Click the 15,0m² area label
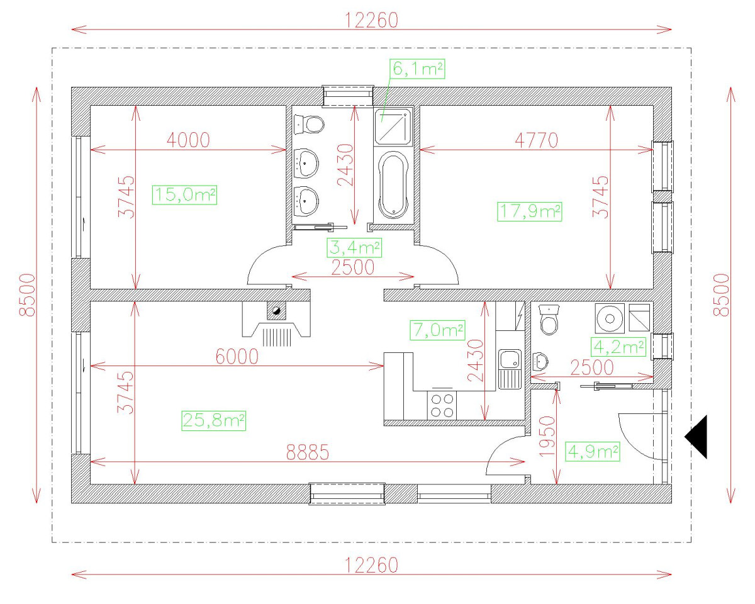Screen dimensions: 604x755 point(184,195)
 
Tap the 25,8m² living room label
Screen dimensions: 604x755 point(214,420)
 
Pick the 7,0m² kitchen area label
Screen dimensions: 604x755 point(439,329)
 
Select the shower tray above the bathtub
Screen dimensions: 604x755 point(393,126)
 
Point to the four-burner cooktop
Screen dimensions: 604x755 point(442,405)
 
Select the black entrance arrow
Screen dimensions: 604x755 point(697,437)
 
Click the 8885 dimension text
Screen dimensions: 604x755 point(308,452)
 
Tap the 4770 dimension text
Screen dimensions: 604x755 point(536,140)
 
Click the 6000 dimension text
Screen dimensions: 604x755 point(237,356)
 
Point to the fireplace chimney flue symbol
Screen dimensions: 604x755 point(276,310)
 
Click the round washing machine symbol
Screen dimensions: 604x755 point(609,318)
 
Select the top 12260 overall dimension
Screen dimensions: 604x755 point(371,21)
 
